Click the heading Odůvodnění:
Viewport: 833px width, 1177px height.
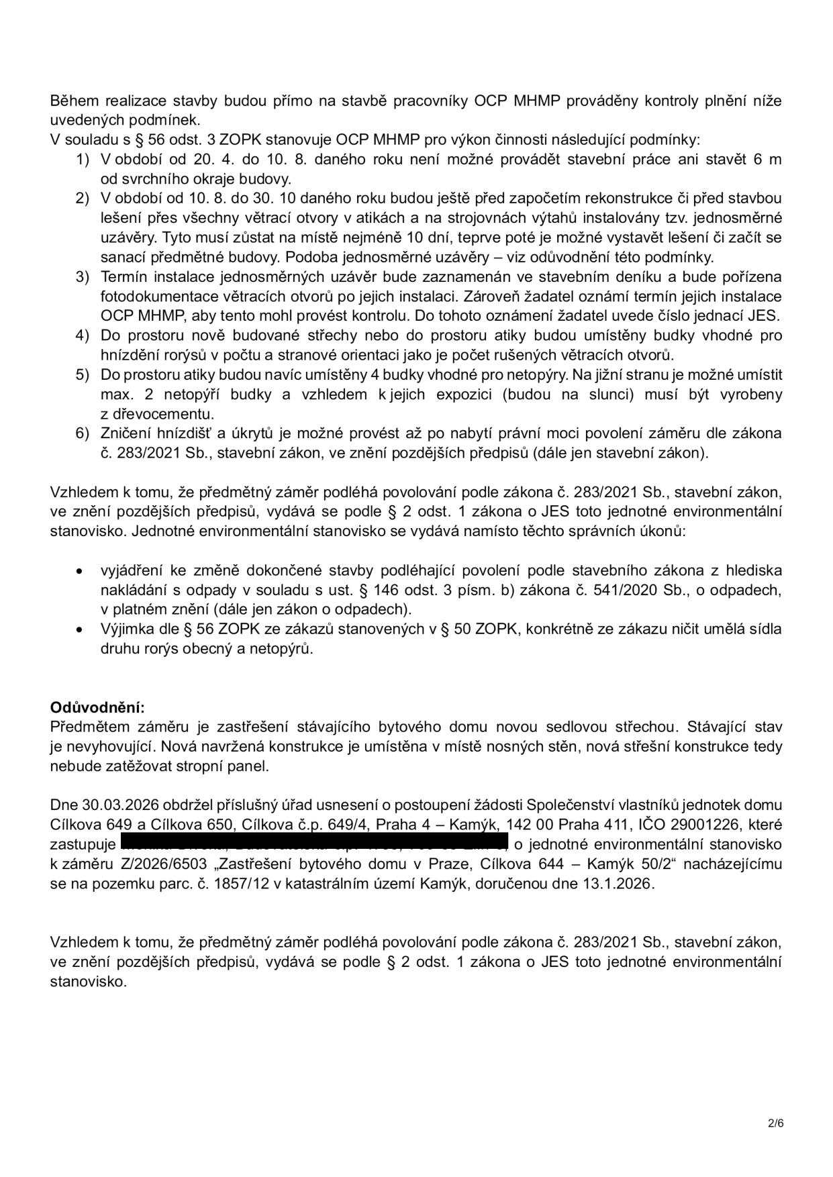click(97, 707)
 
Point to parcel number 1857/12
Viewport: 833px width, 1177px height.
click(202, 884)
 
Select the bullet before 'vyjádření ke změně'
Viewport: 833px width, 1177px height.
click(80, 571)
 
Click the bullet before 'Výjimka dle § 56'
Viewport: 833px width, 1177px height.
click(80, 630)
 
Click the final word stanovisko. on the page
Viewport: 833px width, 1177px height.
click(88, 982)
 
